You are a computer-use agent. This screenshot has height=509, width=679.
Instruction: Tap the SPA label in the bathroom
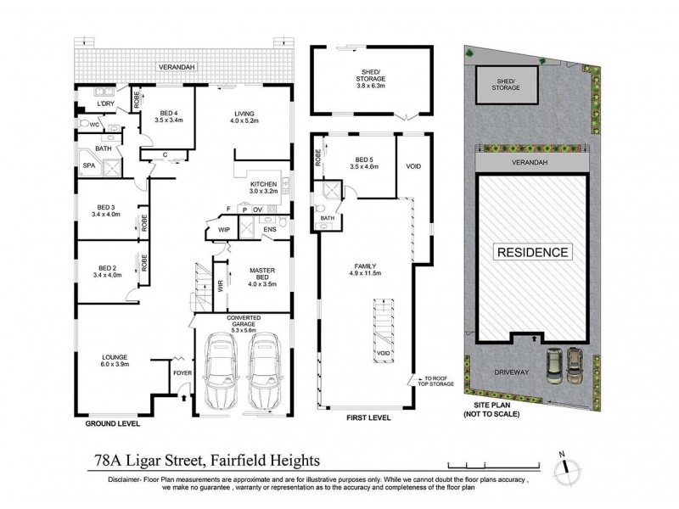click(x=88, y=166)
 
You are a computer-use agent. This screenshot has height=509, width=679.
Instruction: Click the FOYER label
click(x=182, y=372)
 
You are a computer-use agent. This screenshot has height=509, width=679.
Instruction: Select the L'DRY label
click(x=106, y=103)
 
